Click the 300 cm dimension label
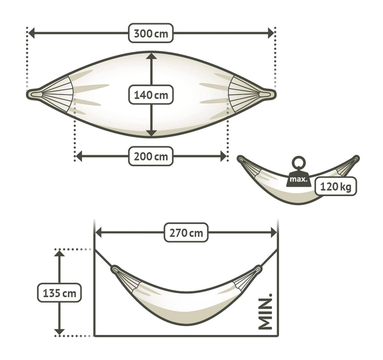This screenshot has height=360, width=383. pyautogui.click(x=151, y=33)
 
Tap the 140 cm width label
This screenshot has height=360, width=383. pyautogui.click(x=151, y=95)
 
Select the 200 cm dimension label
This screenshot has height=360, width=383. pyautogui.click(x=151, y=156)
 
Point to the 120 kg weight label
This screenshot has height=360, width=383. pyautogui.click(x=335, y=186)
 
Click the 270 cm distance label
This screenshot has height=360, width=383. pyautogui.click(x=186, y=233)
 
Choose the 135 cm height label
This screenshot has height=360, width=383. pyautogui.click(x=59, y=293)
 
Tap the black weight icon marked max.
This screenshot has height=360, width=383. pyautogui.click(x=298, y=179)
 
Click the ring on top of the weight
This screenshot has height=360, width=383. pyautogui.click(x=298, y=163)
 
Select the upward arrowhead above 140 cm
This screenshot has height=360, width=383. pyautogui.click(x=151, y=56)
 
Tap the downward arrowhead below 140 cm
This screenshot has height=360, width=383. pyautogui.click(x=151, y=133)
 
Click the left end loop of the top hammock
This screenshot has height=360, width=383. pyautogui.click(x=35, y=94)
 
